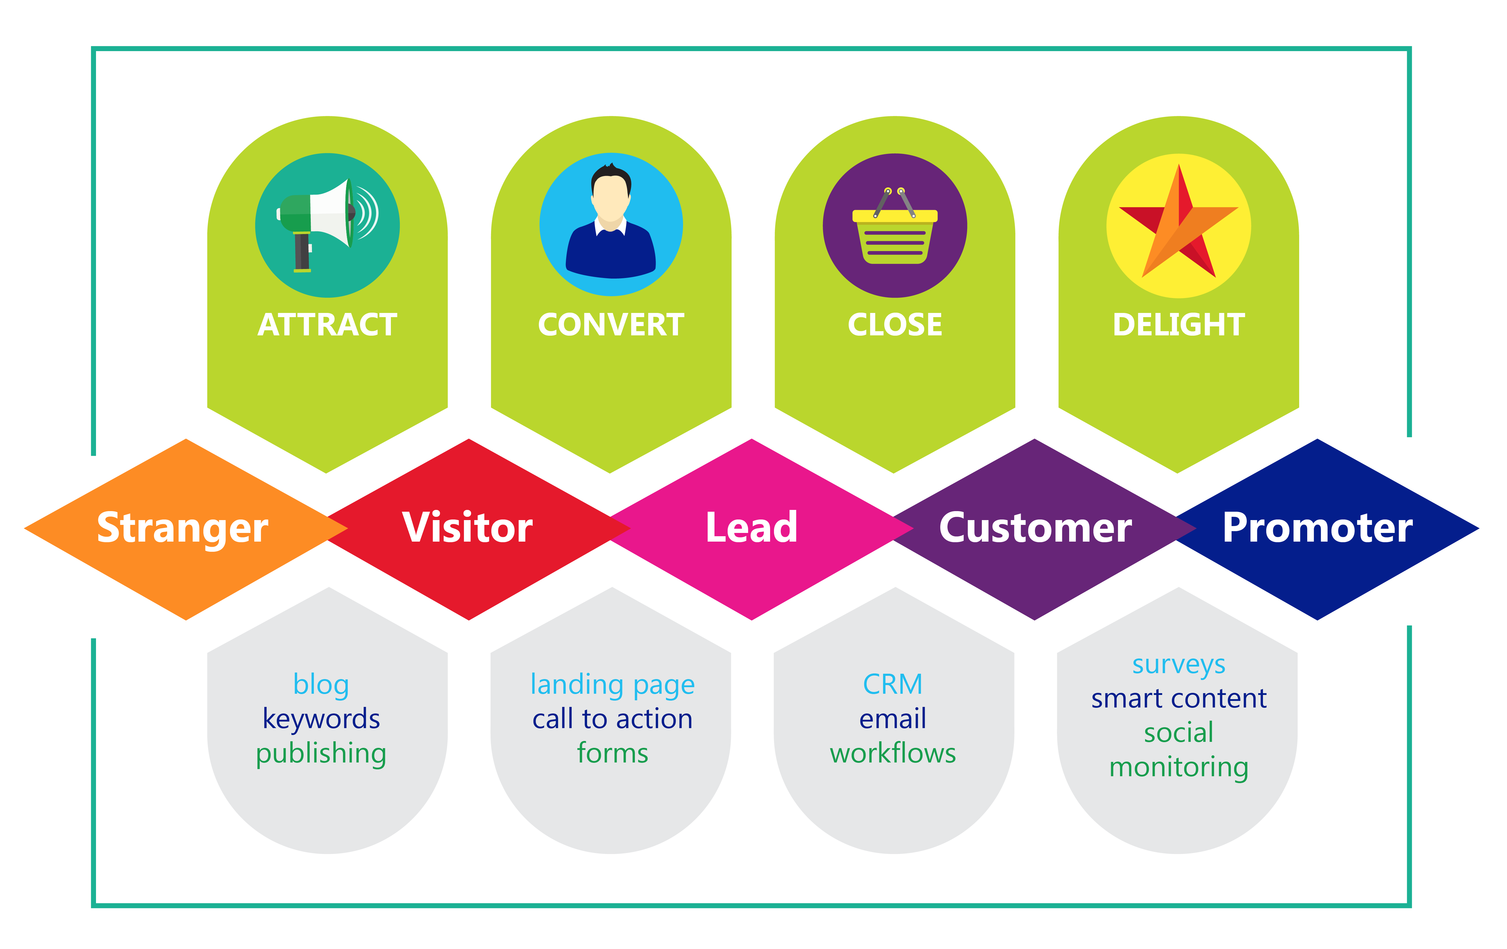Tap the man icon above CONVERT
[x=611, y=224]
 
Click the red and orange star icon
[x=1178, y=225]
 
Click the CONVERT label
[x=611, y=325]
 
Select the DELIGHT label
[x=1178, y=325]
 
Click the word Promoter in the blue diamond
[x=1317, y=529]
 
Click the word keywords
[x=321, y=719]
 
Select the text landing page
[x=612, y=685]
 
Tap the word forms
[x=612, y=753]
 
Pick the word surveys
[x=1178, y=665]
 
